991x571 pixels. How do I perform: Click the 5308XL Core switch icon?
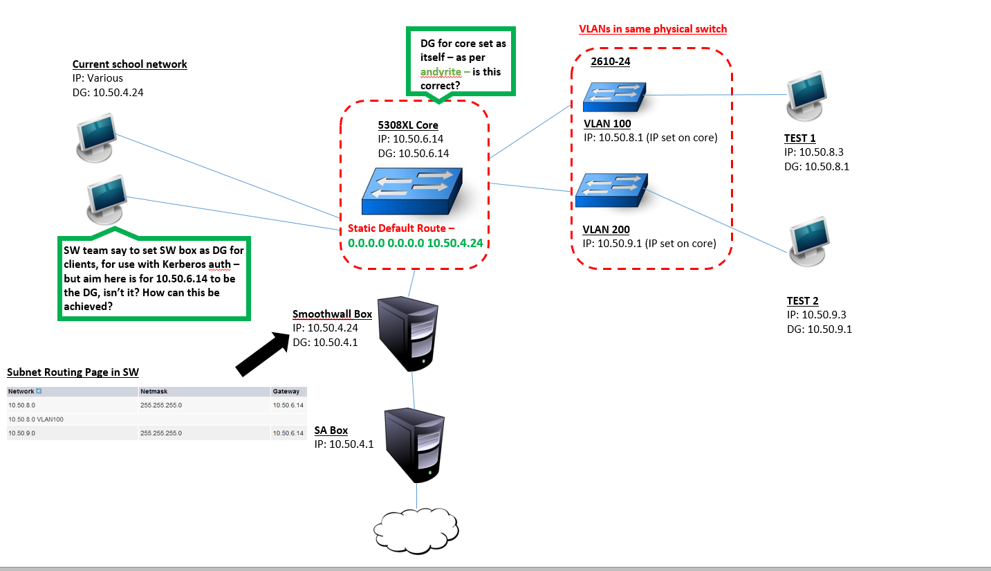pos(412,191)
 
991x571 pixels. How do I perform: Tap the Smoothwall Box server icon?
pos(408,334)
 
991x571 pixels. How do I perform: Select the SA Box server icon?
pos(414,445)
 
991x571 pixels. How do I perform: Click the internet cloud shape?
pos(416,530)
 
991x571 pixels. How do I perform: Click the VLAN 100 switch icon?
pos(614,97)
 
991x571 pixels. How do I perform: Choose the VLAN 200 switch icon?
pos(611,190)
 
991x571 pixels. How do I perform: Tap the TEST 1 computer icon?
pos(806,96)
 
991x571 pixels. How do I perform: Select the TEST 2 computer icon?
pos(808,242)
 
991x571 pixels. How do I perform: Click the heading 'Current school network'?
pos(129,64)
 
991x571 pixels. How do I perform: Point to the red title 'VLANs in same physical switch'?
pos(653,29)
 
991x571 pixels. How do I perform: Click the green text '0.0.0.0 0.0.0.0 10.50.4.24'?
pos(415,243)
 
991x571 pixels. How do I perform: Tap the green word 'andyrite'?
pos(441,72)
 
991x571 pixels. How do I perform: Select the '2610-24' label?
pos(610,62)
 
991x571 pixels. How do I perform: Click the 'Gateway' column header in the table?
pos(286,391)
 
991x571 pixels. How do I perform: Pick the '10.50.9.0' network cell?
pos(21,433)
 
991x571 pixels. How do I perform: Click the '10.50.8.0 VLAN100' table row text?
pos(36,419)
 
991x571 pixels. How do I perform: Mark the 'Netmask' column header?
pos(154,391)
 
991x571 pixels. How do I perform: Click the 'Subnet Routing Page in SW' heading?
pos(73,372)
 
